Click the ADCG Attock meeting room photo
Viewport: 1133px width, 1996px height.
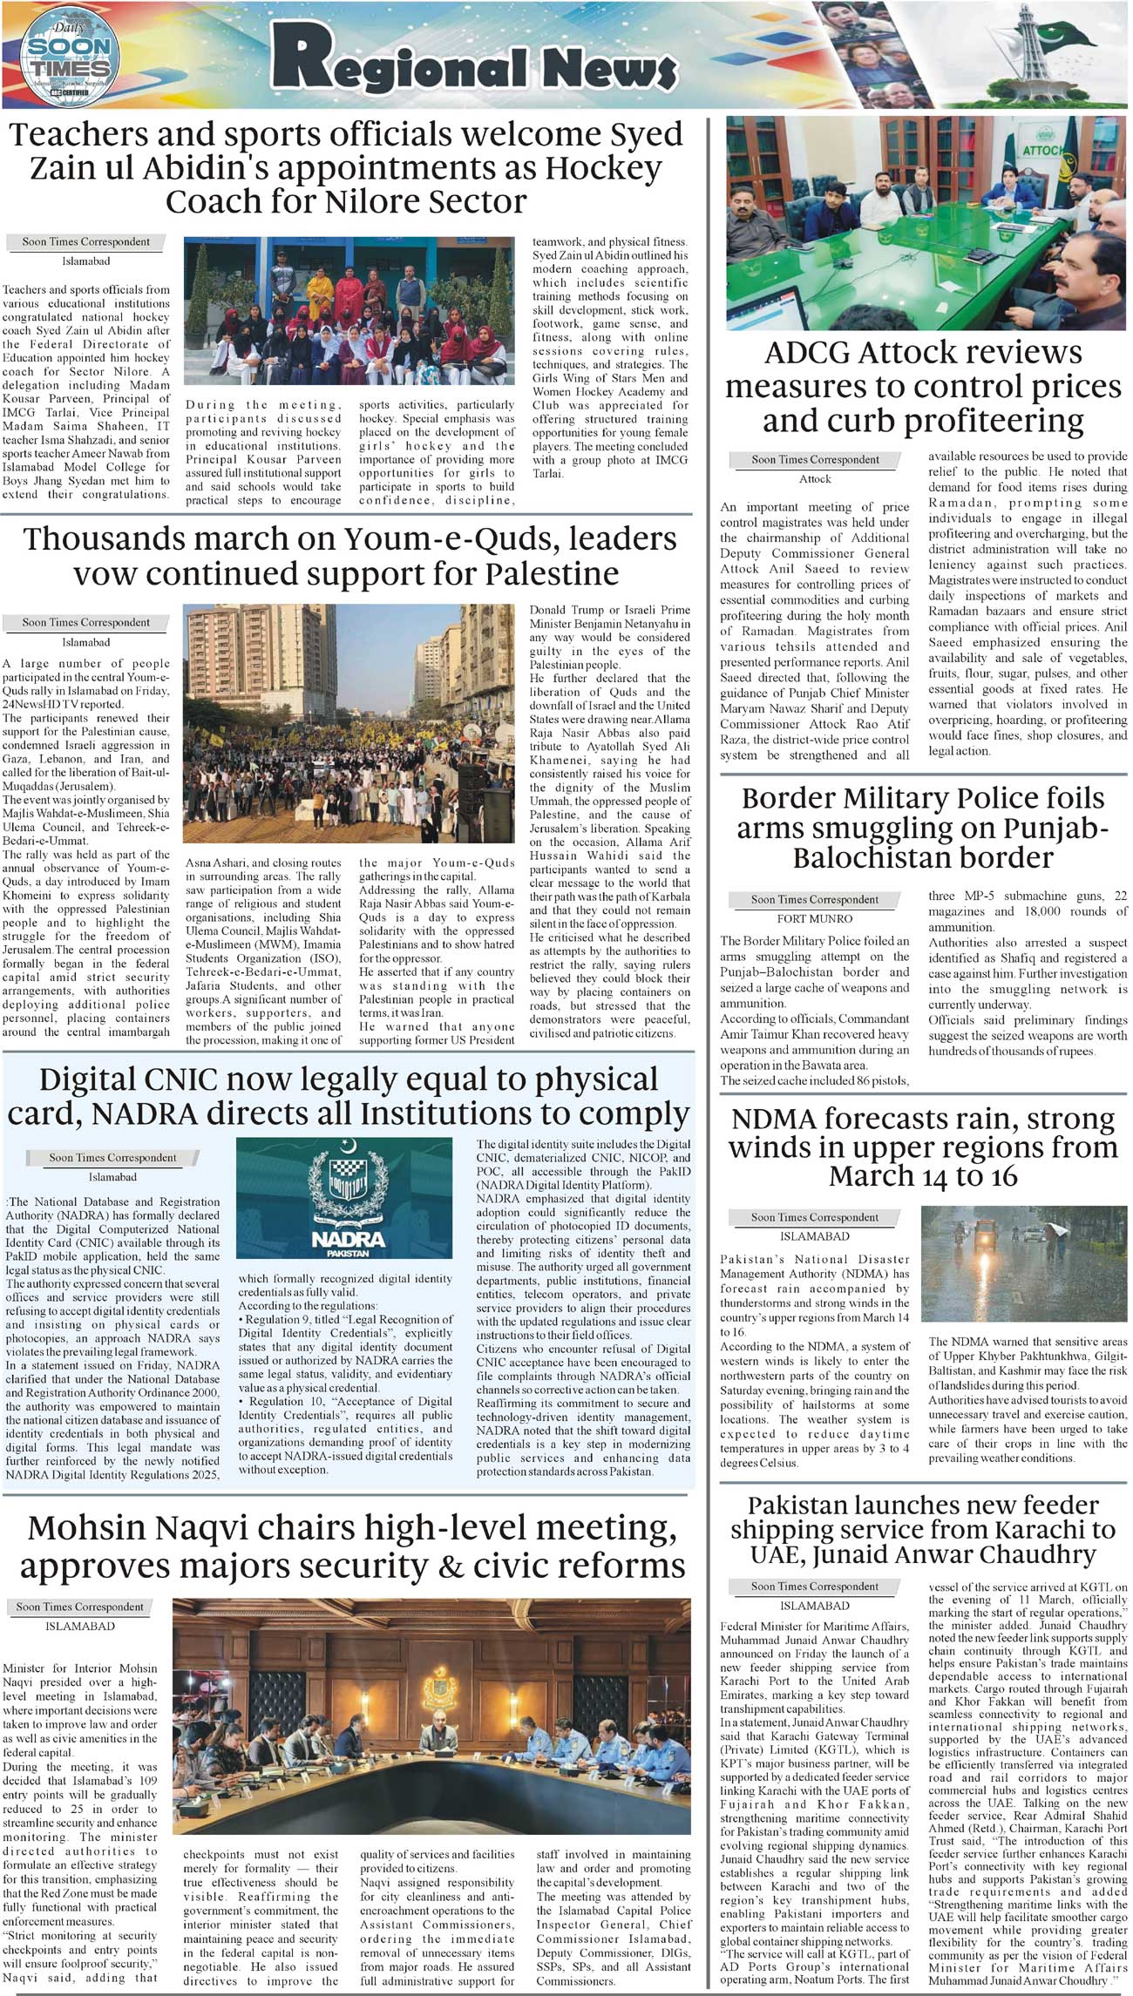click(926, 223)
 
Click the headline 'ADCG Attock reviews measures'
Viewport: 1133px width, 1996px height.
click(923, 386)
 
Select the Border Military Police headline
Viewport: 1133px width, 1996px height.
click(923, 827)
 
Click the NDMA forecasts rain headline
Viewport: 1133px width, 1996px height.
click(923, 1147)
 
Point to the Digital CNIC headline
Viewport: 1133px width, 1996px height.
click(349, 1097)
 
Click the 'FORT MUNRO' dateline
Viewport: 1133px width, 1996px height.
click(814, 918)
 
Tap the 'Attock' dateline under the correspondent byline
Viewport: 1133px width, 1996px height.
click(815, 479)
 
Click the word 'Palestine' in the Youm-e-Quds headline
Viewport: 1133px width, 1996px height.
click(552, 574)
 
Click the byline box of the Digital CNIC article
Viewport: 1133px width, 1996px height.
click(112, 1158)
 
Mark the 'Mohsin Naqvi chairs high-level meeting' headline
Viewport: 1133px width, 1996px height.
click(352, 1546)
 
